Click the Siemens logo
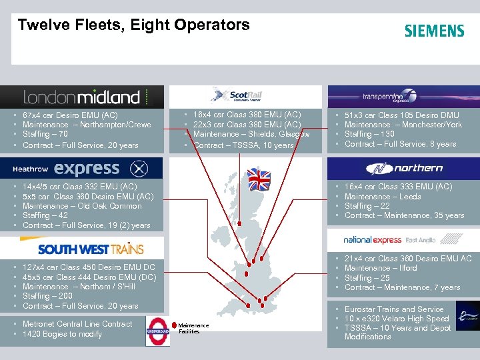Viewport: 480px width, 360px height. point(434,31)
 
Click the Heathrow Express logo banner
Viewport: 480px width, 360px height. point(83,168)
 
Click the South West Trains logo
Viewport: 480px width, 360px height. point(91,249)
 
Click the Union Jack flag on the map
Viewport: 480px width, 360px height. point(259,178)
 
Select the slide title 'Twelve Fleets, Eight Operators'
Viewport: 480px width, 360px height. point(133,25)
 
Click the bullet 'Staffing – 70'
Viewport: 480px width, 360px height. point(46,135)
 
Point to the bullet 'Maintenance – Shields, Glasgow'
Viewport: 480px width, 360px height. point(251,135)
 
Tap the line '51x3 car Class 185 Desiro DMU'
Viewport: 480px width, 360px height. point(401,115)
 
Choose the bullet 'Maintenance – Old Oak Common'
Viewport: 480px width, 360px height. point(81,206)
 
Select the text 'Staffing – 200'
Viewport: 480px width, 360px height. point(49,296)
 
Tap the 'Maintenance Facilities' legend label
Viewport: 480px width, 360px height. point(194,328)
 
